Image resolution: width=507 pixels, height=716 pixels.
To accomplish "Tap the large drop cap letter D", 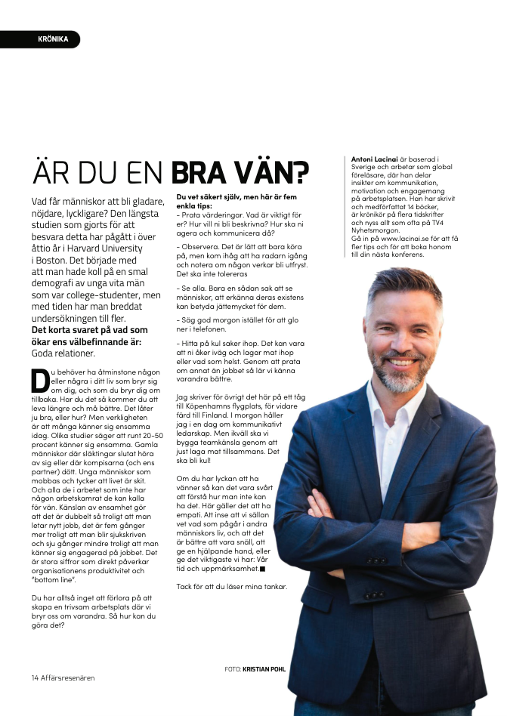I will pos(40,381).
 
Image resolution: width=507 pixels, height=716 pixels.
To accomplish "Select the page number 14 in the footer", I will pos(36,677).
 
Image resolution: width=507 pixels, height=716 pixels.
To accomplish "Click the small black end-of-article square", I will pos(262,569).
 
